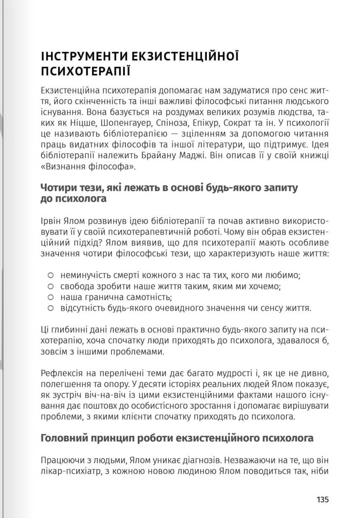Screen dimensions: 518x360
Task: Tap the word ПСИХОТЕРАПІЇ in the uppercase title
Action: coord(85,70)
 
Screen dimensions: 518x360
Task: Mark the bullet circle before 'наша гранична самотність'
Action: coord(50,297)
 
